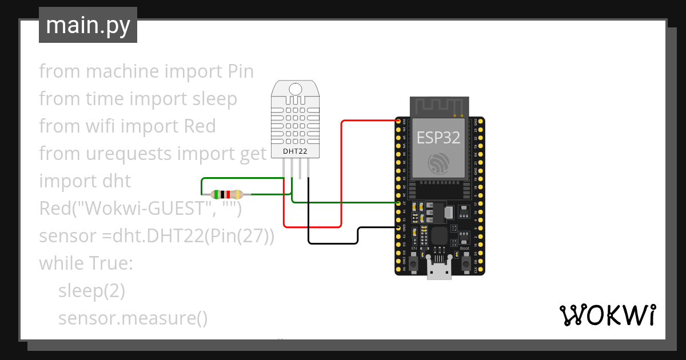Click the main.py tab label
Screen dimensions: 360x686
coord(88,25)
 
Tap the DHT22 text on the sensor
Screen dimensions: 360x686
coord(295,151)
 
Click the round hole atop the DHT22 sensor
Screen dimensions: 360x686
coord(296,89)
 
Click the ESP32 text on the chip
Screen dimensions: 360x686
coord(438,138)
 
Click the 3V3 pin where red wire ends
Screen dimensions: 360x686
coord(398,121)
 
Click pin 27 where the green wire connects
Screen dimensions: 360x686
coord(398,203)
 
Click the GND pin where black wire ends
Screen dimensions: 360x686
coord(398,227)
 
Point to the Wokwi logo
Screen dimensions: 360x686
coord(607,315)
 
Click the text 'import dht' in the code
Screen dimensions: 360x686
coord(85,181)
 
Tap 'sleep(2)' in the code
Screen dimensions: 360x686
coord(91,291)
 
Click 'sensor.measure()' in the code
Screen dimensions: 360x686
coord(133,318)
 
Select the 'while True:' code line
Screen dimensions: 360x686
coord(86,263)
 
